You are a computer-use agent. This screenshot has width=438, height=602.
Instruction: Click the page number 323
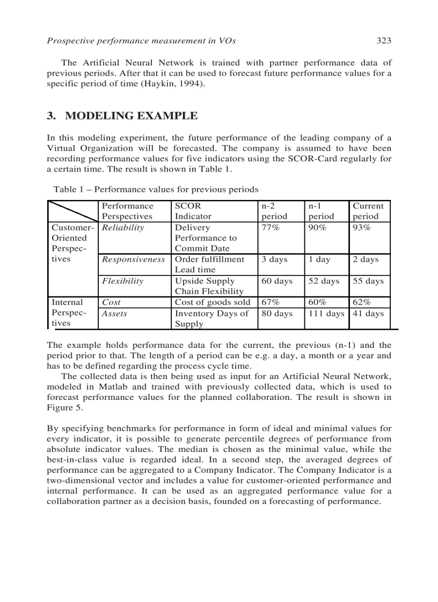tap(383, 40)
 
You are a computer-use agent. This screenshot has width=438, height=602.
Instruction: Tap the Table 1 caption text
tap(156, 189)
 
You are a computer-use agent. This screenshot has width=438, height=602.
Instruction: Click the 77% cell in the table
tap(272, 227)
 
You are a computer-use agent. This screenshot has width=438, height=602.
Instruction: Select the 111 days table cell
tap(326, 314)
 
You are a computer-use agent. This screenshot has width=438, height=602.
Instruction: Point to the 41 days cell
tap(368, 314)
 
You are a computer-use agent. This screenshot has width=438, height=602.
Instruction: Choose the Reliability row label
tap(123, 227)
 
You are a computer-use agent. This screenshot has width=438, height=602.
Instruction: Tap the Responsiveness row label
tap(134, 259)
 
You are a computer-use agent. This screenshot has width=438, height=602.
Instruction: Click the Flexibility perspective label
tap(123, 281)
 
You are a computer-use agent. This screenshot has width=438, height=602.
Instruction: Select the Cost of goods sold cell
tap(213, 302)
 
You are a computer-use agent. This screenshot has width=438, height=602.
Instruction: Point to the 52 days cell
tap(324, 281)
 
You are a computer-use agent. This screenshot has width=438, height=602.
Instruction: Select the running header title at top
tap(142, 40)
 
